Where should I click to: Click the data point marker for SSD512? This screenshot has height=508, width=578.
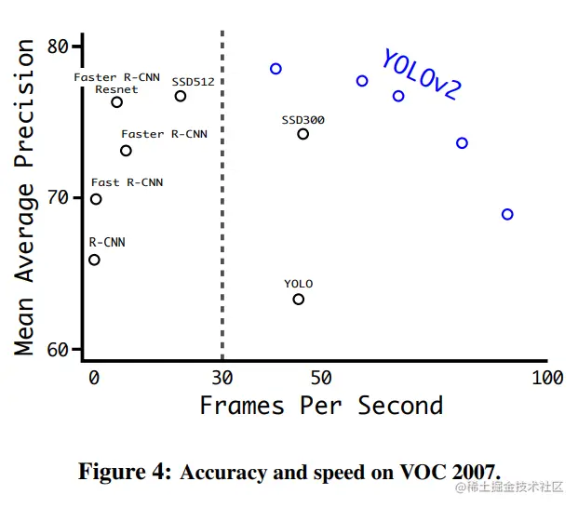click(181, 96)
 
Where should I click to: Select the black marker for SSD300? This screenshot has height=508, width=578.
click(303, 134)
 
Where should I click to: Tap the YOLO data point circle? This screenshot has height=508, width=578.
click(299, 299)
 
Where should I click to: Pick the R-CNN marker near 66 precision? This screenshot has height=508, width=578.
click(94, 260)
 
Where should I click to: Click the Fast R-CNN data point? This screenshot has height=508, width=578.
click(96, 199)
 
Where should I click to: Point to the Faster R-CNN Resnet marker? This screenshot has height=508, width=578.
click(117, 101)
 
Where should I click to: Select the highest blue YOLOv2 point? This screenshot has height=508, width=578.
click(276, 69)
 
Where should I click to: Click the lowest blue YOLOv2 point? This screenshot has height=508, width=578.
click(507, 214)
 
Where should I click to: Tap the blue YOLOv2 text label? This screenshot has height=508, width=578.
click(421, 74)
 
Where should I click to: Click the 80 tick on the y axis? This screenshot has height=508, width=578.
click(58, 47)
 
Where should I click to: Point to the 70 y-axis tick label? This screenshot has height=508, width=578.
click(58, 198)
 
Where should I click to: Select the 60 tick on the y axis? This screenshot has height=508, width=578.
click(58, 350)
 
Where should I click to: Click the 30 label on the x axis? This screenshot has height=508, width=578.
click(222, 377)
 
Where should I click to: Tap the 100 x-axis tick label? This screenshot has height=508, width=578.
click(547, 377)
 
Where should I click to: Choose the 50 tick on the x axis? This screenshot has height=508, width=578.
click(321, 377)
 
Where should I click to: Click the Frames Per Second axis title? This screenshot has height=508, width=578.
click(321, 406)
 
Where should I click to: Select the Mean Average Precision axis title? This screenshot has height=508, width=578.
click(25, 197)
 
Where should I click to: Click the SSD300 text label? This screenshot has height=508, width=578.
click(302, 120)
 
